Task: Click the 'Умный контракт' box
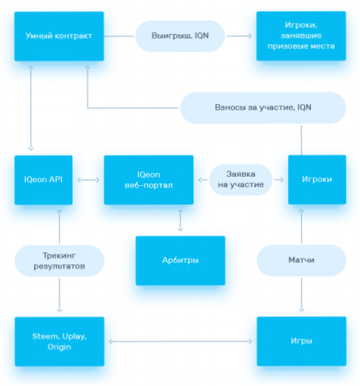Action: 59,36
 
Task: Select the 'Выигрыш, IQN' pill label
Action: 180,36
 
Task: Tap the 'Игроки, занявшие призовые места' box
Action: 301,36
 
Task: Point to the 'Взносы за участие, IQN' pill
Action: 263,108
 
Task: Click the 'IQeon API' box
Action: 43,180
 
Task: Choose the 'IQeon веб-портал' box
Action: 149,180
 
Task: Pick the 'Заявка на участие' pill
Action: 241,180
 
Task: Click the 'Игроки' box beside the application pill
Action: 317,180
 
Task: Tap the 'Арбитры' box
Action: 180,261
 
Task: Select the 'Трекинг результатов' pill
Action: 59,261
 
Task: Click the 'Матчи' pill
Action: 301,261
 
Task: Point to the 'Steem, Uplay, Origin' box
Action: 59,341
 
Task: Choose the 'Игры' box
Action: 302,341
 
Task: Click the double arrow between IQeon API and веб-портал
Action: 88,180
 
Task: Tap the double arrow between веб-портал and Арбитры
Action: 180,221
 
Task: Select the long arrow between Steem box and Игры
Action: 181,341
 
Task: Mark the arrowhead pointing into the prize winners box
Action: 250,36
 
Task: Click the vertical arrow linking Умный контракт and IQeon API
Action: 31,108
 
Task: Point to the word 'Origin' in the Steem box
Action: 59,347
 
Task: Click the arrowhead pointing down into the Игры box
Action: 302,310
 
